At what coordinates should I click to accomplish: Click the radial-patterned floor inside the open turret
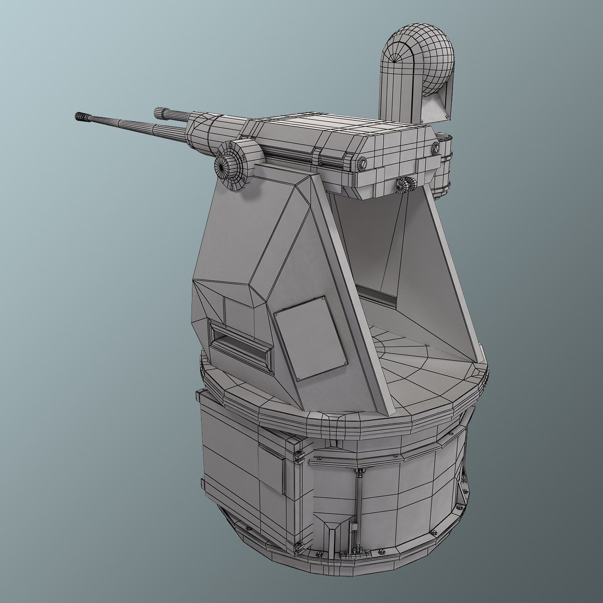point(413,352)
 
